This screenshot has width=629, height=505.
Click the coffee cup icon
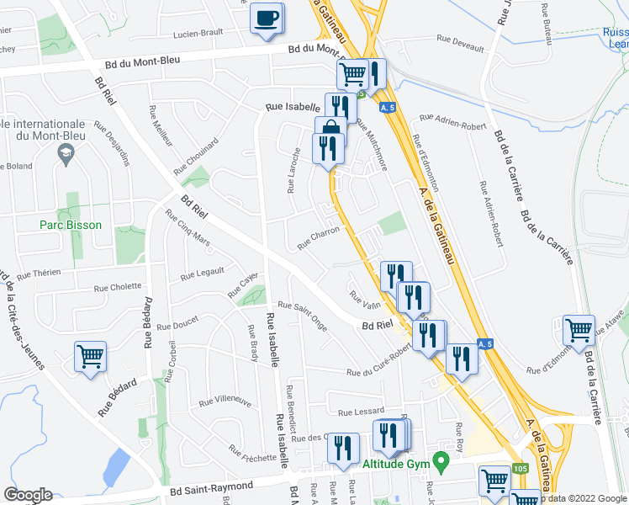click(267, 19)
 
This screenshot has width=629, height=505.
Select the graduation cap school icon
click(64, 153)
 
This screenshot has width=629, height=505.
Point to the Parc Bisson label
click(71, 225)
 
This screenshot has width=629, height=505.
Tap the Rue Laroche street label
click(294, 171)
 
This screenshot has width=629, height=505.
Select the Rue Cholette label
click(120, 286)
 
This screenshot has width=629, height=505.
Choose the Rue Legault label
click(203, 273)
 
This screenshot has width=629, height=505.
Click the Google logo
click(29, 495)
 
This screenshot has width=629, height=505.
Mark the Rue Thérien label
click(39, 274)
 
